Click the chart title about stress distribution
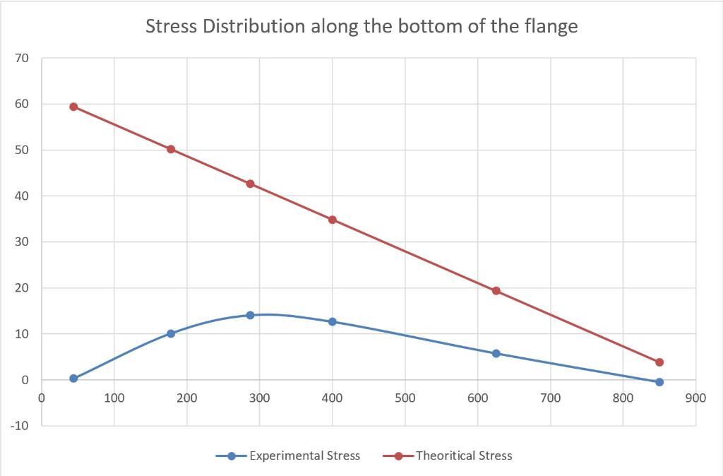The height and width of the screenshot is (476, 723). pyautogui.click(x=361, y=27)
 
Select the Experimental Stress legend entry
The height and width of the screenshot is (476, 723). pyautogui.click(x=304, y=456)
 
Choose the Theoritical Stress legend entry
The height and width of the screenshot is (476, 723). pyautogui.click(x=464, y=456)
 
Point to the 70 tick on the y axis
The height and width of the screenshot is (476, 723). pyautogui.click(x=24, y=59)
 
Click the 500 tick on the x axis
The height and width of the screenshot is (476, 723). pyautogui.click(x=405, y=398)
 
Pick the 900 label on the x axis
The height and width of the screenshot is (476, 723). pyautogui.click(x=695, y=398)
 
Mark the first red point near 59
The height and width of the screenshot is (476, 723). pyautogui.click(x=73, y=107)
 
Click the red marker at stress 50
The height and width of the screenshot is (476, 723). pyautogui.click(x=171, y=149)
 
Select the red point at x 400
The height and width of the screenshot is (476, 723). pyautogui.click(x=333, y=220)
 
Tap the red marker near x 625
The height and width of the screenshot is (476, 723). pyautogui.click(x=496, y=290)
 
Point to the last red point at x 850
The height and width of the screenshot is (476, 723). pyautogui.click(x=659, y=362)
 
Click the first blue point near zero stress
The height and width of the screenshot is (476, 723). pyautogui.click(x=73, y=379)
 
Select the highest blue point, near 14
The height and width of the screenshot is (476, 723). pyautogui.click(x=250, y=315)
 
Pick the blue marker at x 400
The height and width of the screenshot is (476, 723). pyautogui.click(x=333, y=321)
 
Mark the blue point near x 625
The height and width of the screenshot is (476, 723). pyautogui.click(x=496, y=353)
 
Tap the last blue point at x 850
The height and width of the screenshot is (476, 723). pyautogui.click(x=659, y=382)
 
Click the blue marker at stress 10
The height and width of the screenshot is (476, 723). pyautogui.click(x=171, y=333)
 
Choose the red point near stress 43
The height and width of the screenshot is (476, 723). pyautogui.click(x=250, y=184)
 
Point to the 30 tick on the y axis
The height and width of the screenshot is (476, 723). pyautogui.click(x=24, y=242)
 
